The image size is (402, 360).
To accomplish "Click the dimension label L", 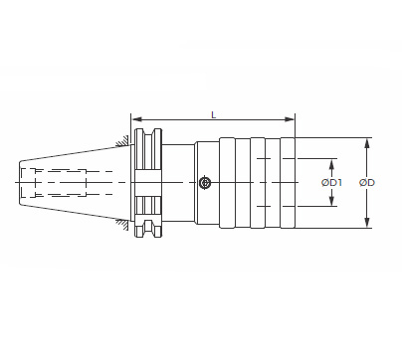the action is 214,115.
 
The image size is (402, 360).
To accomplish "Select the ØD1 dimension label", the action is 331,182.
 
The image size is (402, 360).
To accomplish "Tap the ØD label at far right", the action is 367,182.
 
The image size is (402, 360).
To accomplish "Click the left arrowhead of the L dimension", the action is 136,119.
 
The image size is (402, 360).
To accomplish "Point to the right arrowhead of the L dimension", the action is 290,119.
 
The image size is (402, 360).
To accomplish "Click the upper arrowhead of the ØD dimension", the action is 367,143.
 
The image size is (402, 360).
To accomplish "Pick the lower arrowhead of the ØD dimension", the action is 367,222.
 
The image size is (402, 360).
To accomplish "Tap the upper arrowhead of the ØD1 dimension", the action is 331,164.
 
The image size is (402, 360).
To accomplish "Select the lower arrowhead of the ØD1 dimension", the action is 331,201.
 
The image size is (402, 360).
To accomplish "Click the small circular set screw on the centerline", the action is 205,183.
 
